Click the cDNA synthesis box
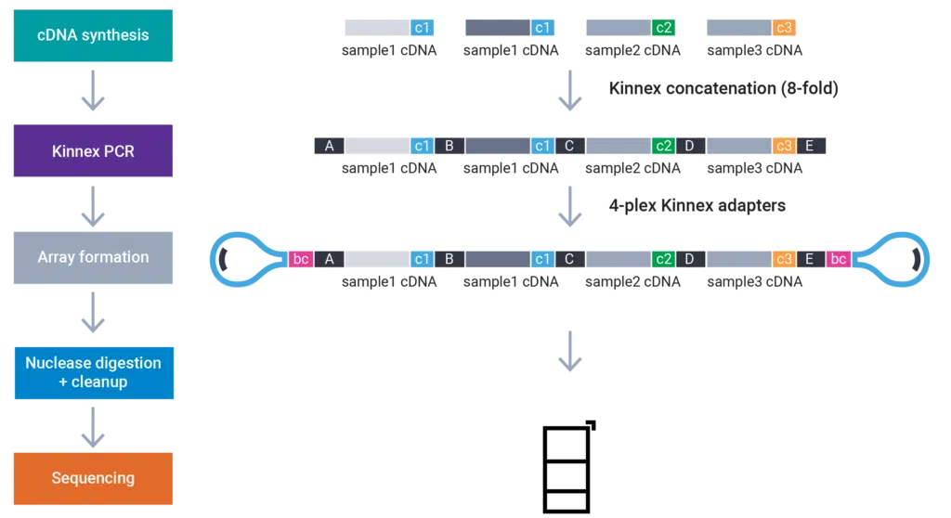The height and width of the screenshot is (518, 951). pyautogui.click(x=93, y=36)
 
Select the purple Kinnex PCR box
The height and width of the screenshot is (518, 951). pyautogui.click(x=93, y=150)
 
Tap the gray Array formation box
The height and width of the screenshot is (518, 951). pyautogui.click(x=93, y=258)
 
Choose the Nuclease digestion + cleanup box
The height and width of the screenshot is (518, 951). pyautogui.click(x=93, y=372)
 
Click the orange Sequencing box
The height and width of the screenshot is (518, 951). pyautogui.click(x=93, y=479)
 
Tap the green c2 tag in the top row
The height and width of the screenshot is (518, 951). pyautogui.click(x=663, y=28)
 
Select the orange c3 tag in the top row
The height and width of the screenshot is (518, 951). pyautogui.click(x=784, y=28)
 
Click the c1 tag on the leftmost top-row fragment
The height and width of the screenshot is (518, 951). pyautogui.click(x=422, y=28)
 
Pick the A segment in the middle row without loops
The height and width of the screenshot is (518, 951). pyautogui.click(x=329, y=146)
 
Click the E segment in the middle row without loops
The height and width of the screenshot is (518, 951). pyautogui.click(x=809, y=146)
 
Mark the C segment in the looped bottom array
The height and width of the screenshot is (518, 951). pyautogui.click(x=569, y=259)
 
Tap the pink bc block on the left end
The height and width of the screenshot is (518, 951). pyautogui.click(x=301, y=259)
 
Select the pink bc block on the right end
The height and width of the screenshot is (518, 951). pyautogui.click(x=838, y=259)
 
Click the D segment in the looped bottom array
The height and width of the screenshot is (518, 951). pyautogui.click(x=689, y=259)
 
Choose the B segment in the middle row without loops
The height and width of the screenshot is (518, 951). pyautogui.click(x=449, y=146)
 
